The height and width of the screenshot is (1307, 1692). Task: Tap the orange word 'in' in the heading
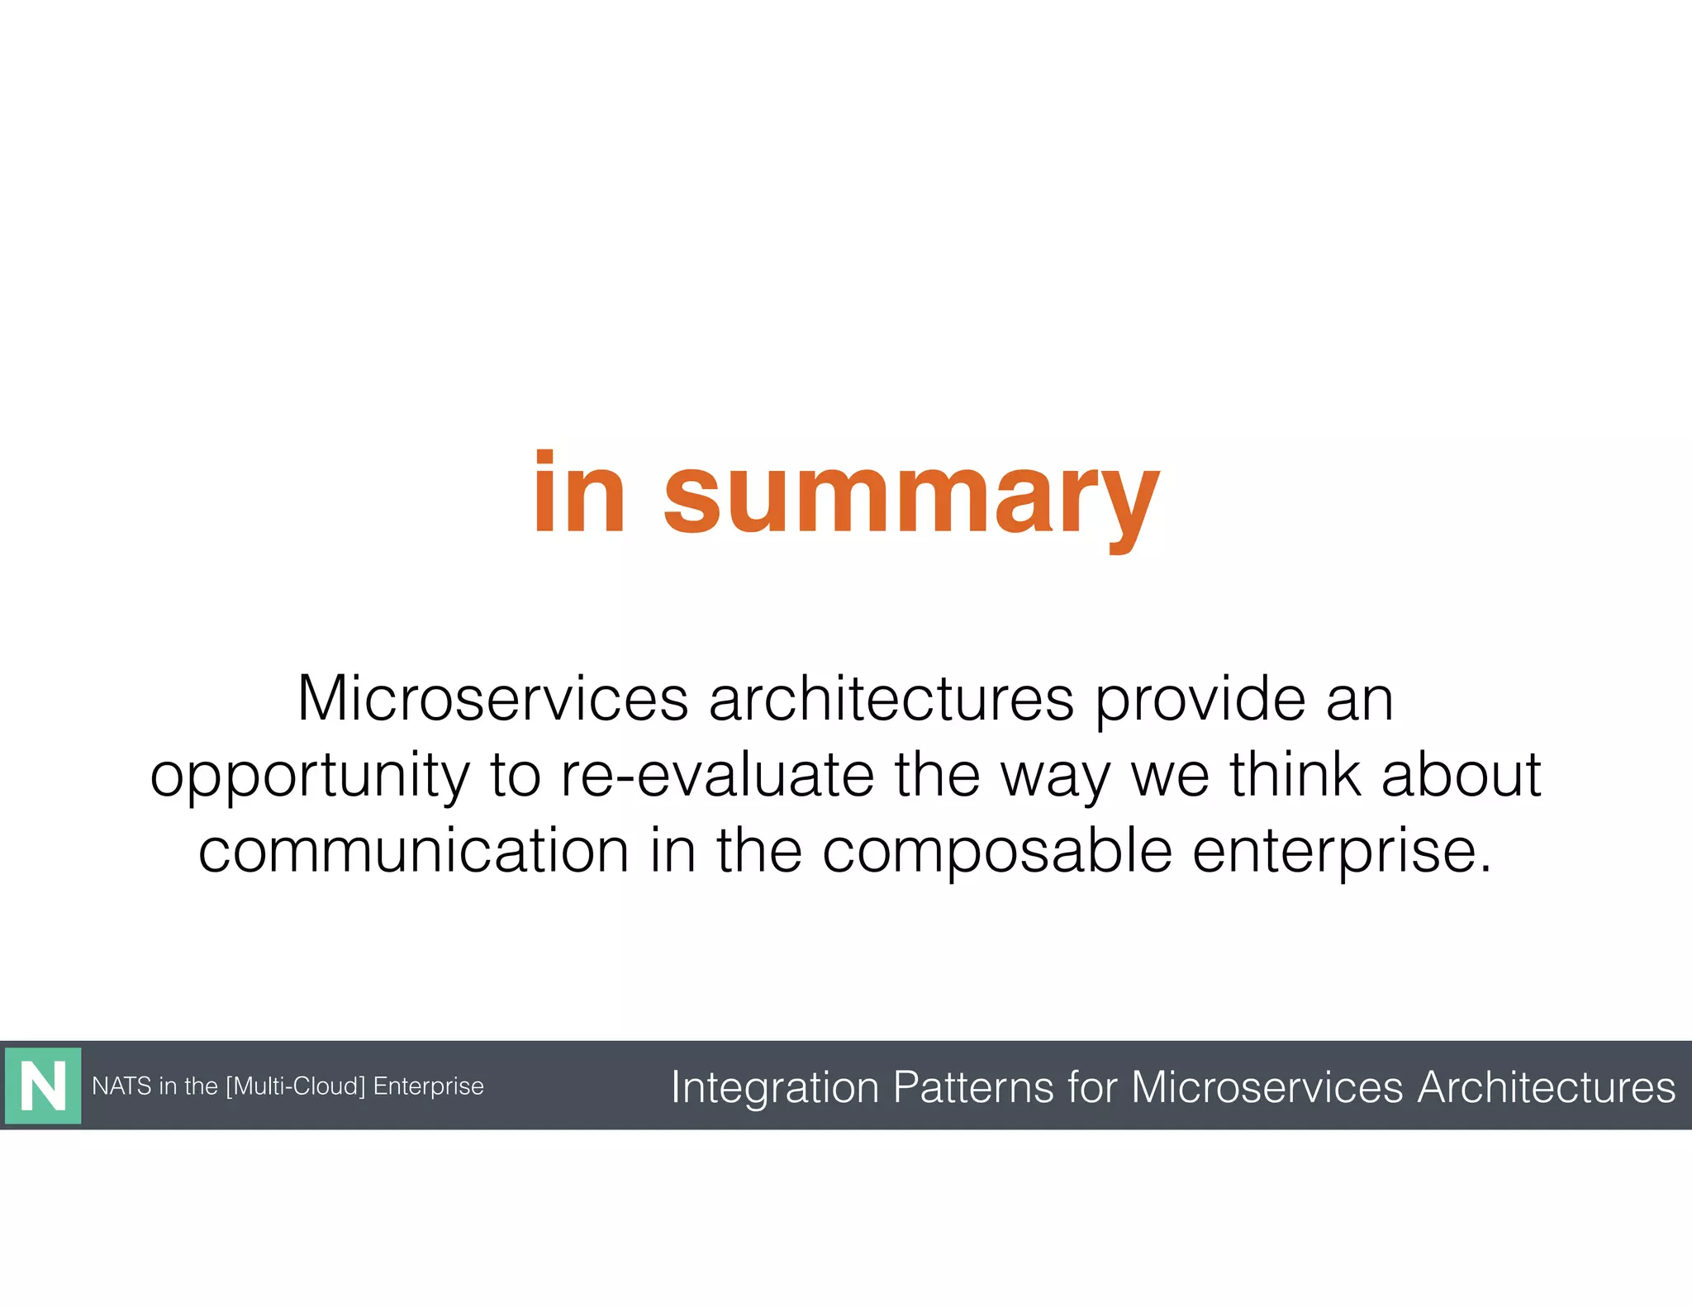578,494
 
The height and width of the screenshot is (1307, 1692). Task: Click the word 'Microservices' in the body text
492,700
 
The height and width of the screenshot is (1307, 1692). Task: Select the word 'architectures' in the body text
891,700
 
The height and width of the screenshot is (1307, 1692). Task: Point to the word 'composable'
997,853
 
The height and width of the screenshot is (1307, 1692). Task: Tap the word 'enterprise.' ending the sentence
1342,853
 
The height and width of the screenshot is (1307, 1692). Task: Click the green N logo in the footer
43,1086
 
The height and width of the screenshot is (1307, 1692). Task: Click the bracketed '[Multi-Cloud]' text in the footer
295,1086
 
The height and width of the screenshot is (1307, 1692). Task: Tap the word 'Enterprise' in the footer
428,1086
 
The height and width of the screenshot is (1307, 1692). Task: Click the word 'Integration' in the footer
774,1087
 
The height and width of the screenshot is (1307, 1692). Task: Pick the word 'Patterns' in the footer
973,1086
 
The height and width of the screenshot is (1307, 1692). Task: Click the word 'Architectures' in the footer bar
1546,1086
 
